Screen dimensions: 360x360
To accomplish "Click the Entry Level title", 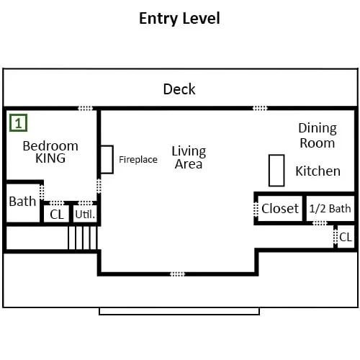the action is click(x=179, y=19).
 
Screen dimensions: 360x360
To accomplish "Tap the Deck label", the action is click(x=179, y=89).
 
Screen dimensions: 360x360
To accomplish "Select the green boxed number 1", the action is click(x=18, y=123).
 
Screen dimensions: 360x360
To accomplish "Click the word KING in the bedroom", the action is click(x=50, y=158).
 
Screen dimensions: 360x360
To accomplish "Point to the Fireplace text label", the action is click(x=138, y=160).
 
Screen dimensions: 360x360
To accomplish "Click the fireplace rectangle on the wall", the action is click(x=107, y=159).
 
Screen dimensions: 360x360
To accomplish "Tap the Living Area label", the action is click(x=189, y=158).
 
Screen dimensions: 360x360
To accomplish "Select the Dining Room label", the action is click(x=318, y=135).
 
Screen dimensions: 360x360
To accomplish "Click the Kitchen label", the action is click(x=318, y=171).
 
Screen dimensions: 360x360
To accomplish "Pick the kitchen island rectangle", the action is click(x=276, y=171).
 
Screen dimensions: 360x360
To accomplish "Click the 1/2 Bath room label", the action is click(x=330, y=209).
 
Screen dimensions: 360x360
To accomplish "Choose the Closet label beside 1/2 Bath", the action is click(x=280, y=208).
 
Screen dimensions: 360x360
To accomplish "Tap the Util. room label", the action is click(x=85, y=215).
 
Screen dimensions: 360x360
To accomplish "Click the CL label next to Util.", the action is click(x=57, y=215).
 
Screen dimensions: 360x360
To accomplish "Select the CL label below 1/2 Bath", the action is click(x=346, y=237).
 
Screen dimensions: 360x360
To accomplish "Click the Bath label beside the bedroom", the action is click(x=22, y=202).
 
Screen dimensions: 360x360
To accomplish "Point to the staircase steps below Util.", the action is click(x=83, y=238).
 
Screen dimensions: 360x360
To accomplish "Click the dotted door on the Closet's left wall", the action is click(x=256, y=209).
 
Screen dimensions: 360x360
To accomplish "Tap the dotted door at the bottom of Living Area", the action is click(x=177, y=274).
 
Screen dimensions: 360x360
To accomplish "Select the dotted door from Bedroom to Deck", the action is click(x=86, y=108).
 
